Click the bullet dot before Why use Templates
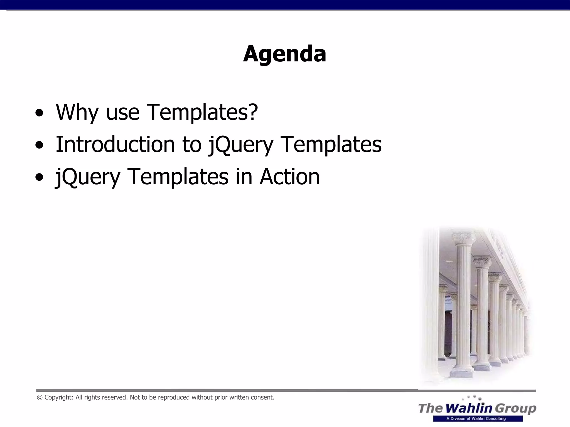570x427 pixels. click(x=39, y=113)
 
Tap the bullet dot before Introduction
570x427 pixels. click(x=39, y=145)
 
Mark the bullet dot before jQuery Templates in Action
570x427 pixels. click(x=39, y=177)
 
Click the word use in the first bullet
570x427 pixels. click(x=123, y=113)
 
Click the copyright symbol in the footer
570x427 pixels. click(x=40, y=398)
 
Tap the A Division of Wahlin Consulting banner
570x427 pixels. click(x=478, y=418)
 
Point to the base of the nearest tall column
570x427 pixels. click(x=461, y=373)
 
